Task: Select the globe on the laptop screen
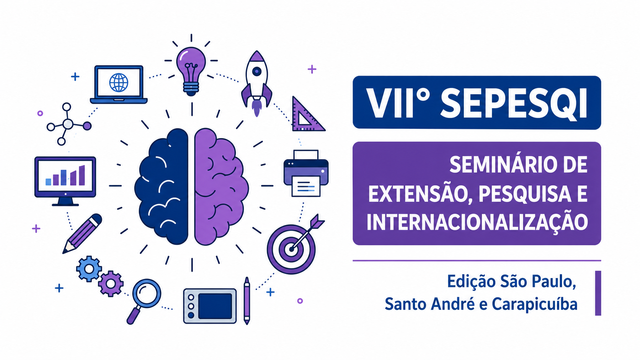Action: coord(119,83)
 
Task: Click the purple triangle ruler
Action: coord(306,116)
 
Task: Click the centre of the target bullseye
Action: coord(291,249)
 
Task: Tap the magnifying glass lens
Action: coord(147,293)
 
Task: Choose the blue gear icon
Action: coord(89,269)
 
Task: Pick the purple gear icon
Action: coord(111,284)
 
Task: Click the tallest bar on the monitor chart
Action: coord(82,175)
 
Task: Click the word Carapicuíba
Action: coord(535,304)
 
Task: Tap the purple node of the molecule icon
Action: coord(87,125)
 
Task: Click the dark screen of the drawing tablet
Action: coord(215,306)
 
